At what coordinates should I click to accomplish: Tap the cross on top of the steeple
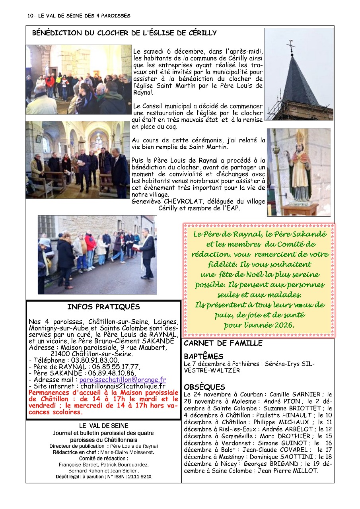[291, 46]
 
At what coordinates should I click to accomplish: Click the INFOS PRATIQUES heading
[103, 307]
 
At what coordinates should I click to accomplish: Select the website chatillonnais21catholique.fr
[123, 386]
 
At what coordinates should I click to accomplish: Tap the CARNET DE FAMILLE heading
[223, 343]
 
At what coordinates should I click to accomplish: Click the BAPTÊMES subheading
[203, 356]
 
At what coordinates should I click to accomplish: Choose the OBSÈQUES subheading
[204, 387]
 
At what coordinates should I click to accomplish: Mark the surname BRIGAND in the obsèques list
[282, 464]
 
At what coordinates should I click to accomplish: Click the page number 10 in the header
[31, 16]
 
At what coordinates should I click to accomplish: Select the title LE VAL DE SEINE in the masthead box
[103, 426]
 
